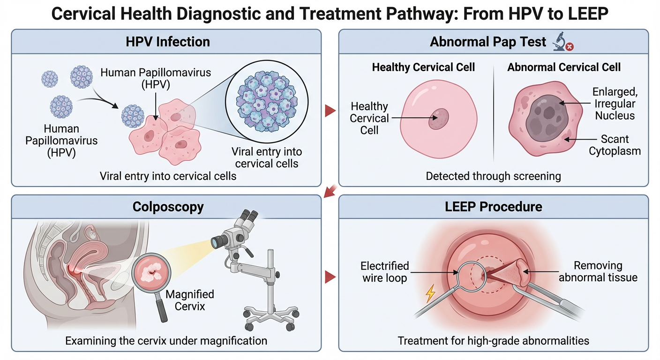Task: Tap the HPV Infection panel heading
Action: point(167,41)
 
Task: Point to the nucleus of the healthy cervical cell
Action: point(439,119)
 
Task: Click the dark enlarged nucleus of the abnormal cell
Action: point(545,114)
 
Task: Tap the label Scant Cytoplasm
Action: point(615,145)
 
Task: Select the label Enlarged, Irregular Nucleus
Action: point(614,103)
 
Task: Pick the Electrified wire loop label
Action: point(384,272)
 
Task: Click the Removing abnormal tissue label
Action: point(598,271)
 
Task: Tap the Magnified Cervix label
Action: point(190,300)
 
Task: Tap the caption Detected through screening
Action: point(493,176)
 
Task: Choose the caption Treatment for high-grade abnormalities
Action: point(493,340)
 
